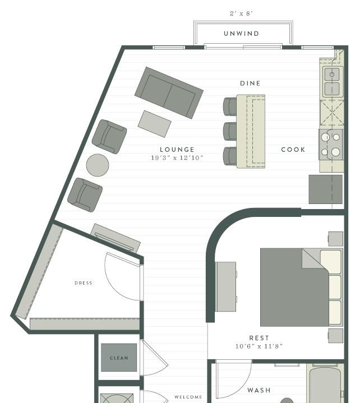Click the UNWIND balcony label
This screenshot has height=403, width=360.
pyautogui.click(x=241, y=34)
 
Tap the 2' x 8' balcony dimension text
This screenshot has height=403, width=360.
pyautogui.click(x=241, y=13)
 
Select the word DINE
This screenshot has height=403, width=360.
pyautogui.click(x=250, y=84)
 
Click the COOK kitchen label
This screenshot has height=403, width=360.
pyautogui.click(x=293, y=150)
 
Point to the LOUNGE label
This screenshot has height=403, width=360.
pyautogui.click(x=177, y=150)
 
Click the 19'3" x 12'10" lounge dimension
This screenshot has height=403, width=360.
pyautogui.click(x=177, y=158)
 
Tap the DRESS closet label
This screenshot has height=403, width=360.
pyautogui.click(x=84, y=283)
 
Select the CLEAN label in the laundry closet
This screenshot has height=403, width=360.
pyautogui.click(x=119, y=358)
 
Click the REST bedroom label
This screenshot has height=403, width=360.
pyautogui.click(x=259, y=338)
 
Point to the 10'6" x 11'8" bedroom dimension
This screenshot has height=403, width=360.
pyautogui.click(x=259, y=346)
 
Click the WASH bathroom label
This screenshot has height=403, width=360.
pyautogui.click(x=259, y=390)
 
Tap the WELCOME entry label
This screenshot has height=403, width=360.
pyautogui.click(x=188, y=397)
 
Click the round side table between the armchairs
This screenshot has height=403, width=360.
pyautogui.click(x=98, y=165)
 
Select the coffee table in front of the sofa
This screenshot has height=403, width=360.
pyautogui.click(x=154, y=124)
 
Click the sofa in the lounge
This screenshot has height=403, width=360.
pyautogui.click(x=169, y=93)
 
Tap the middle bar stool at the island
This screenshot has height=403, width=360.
pyautogui.click(x=230, y=131)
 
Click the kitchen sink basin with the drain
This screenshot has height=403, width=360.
pyautogui.click(x=332, y=75)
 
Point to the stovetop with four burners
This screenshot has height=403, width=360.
pyautogui.click(x=331, y=145)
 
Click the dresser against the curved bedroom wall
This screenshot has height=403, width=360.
pyautogui.click(x=226, y=286)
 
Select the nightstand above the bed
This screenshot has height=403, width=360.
pyautogui.click(x=335, y=239)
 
